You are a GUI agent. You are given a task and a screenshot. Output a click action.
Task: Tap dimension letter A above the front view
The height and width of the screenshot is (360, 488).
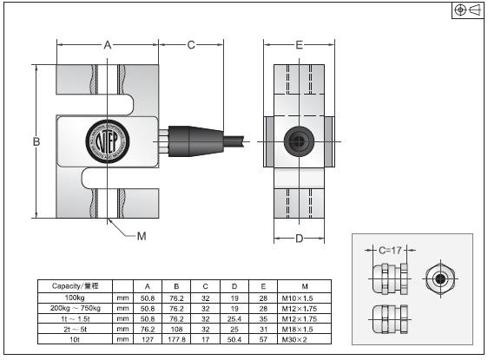[108, 44]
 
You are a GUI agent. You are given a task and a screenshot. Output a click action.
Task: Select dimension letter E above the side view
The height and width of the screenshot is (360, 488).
[299, 44]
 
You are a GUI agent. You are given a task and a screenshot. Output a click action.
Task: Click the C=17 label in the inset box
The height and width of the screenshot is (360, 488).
[390, 250]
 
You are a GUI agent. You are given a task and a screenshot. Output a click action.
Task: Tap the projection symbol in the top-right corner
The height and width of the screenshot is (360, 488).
[466, 10]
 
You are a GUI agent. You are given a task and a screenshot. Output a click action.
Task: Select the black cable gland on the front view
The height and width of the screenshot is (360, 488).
[186, 140]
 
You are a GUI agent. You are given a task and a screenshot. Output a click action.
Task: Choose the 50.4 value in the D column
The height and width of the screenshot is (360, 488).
[234, 339]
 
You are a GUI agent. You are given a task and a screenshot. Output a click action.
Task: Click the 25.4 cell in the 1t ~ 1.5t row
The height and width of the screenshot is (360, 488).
[234, 317]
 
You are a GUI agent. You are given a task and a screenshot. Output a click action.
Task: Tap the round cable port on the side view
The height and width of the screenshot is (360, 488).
[299, 140]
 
